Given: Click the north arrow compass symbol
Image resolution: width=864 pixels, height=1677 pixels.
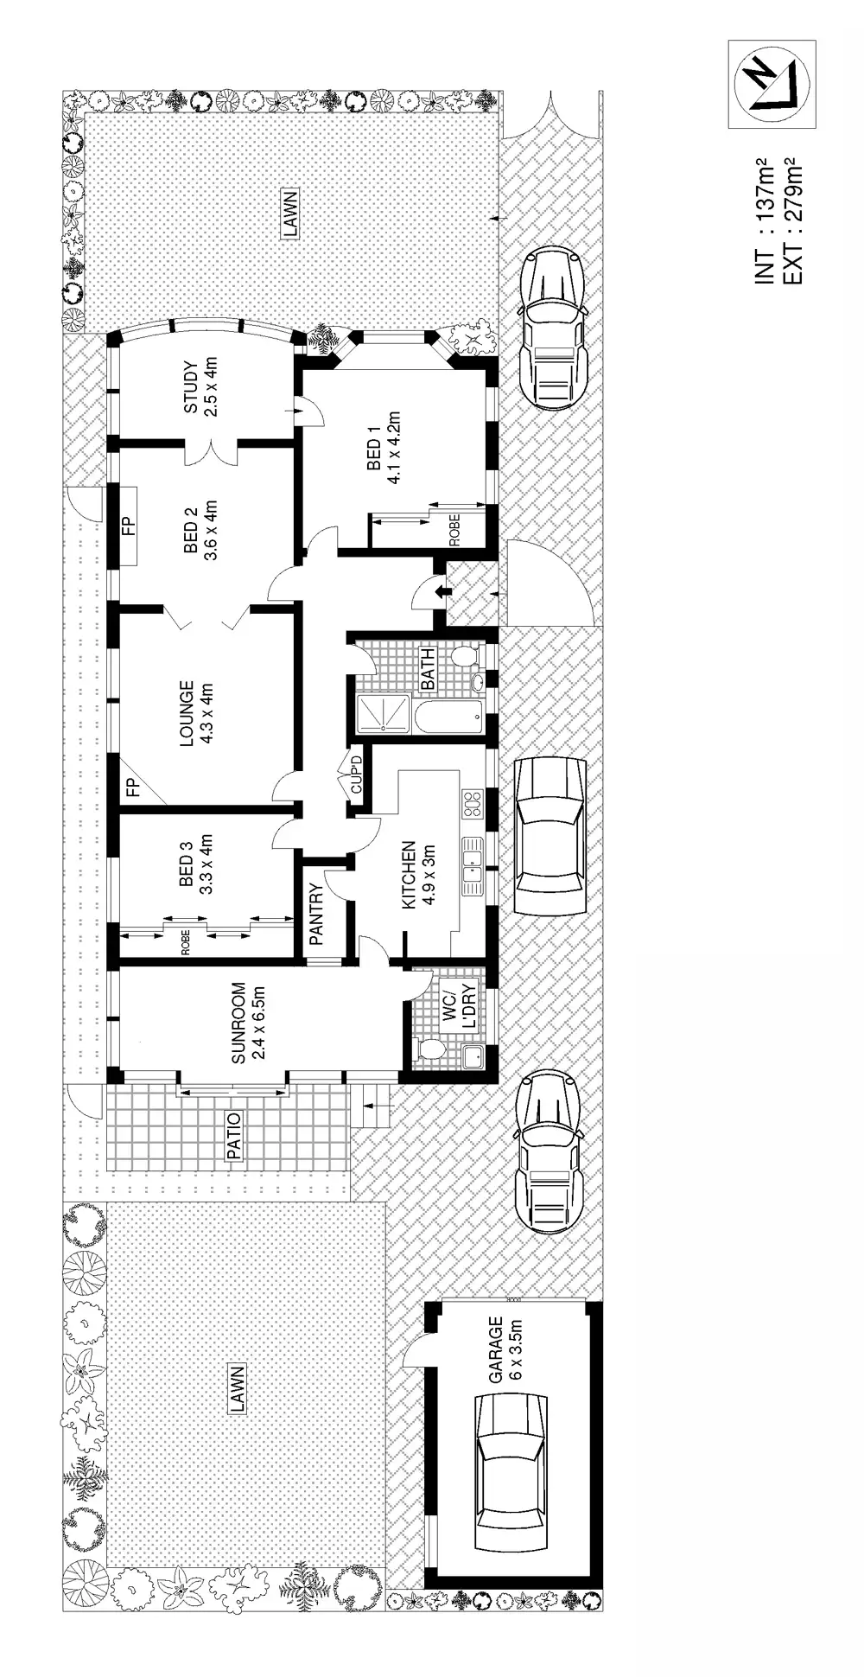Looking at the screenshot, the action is click(772, 84).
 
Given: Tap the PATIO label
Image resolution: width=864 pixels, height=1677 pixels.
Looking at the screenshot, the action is click(233, 1135).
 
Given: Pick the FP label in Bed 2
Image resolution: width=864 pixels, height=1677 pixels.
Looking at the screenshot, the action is click(129, 525).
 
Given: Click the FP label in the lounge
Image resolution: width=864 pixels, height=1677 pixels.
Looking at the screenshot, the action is click(132, 787).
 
